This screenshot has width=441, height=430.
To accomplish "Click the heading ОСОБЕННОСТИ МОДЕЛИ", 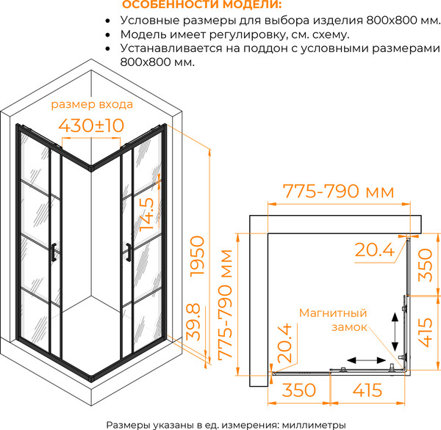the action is [x=202, y=4].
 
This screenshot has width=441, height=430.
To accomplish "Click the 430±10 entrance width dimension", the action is [x=91, y=125].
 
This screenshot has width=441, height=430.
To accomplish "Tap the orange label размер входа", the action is [x=92, y=104].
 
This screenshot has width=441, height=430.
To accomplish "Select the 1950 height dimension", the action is [x=197, y=256].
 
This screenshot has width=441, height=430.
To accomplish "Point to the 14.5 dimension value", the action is [x=147, y=214].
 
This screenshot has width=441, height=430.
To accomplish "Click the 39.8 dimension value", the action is [x=193, y=322].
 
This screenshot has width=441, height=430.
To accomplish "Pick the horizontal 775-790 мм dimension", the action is [x=338, y=192].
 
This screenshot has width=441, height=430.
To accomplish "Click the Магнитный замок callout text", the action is [x=334, y=320].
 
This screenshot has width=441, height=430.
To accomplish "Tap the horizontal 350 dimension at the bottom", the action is [x=298, y=390].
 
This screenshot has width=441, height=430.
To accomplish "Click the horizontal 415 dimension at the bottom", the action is [x=367, y=390].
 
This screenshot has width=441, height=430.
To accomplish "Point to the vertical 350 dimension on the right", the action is [x=425, y=265].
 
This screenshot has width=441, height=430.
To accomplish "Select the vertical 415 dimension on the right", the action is [x=425, y=332].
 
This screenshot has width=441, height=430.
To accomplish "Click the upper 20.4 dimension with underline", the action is [x=375, y=250].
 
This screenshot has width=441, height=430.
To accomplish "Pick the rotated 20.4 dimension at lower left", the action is [x=284, y=343].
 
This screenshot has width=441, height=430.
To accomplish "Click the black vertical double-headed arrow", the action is [x=395, y=332].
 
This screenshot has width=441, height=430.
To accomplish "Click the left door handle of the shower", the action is [x=54, y=252].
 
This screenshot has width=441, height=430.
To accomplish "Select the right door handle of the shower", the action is [x=129, y=252].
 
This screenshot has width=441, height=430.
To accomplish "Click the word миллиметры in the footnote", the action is [x=314, y=425].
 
